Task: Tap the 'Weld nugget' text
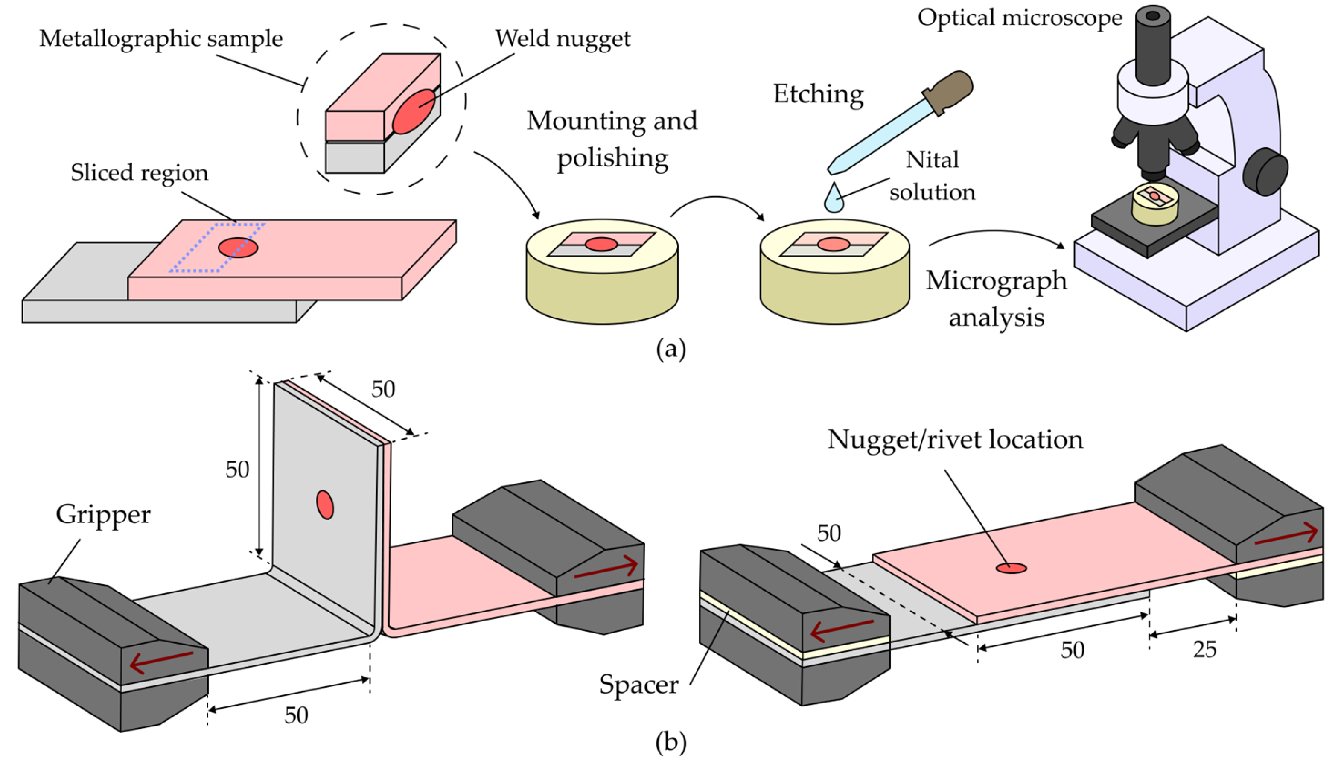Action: pos(563,39)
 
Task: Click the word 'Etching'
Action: pos(818,95)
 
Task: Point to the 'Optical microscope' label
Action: pos(1020,17)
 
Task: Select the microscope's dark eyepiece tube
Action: pos(1153,45)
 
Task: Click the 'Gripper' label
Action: pos(103,515)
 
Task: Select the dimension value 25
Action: pos(1205,650)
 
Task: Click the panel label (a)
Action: pos(671,349)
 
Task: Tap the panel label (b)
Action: pos(671,742)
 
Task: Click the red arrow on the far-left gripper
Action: pos(161,662)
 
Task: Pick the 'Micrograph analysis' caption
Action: pos(996,299)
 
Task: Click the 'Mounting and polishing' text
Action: pos(612,139)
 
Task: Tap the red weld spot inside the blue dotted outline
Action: pos(238,247)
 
